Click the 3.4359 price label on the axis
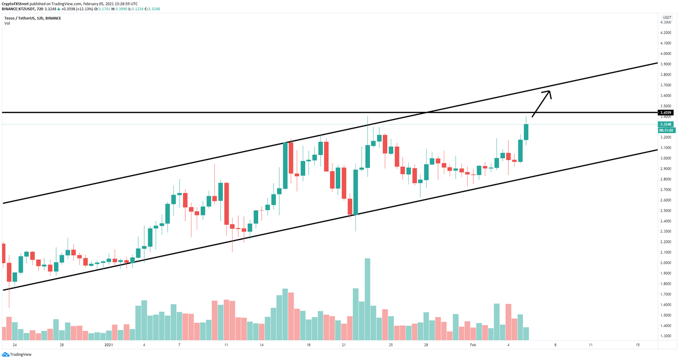pos(665,113)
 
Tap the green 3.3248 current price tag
pos(665,124)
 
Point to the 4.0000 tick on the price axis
pos(665,54)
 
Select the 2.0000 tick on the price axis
pos(665,263)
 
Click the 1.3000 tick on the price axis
pos(665,336)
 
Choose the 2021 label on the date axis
pos(109,345)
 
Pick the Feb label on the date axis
pos(473,345)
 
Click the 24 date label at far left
pos(15,345)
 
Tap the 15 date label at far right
pos(637,345)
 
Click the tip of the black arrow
pos(550,91)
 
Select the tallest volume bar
pos(367,299)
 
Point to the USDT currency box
pos(667,18)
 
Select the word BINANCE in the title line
pos(53,18)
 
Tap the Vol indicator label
pos(7,23)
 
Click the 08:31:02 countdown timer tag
pos(666,130)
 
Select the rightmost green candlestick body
pos(526,132)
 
